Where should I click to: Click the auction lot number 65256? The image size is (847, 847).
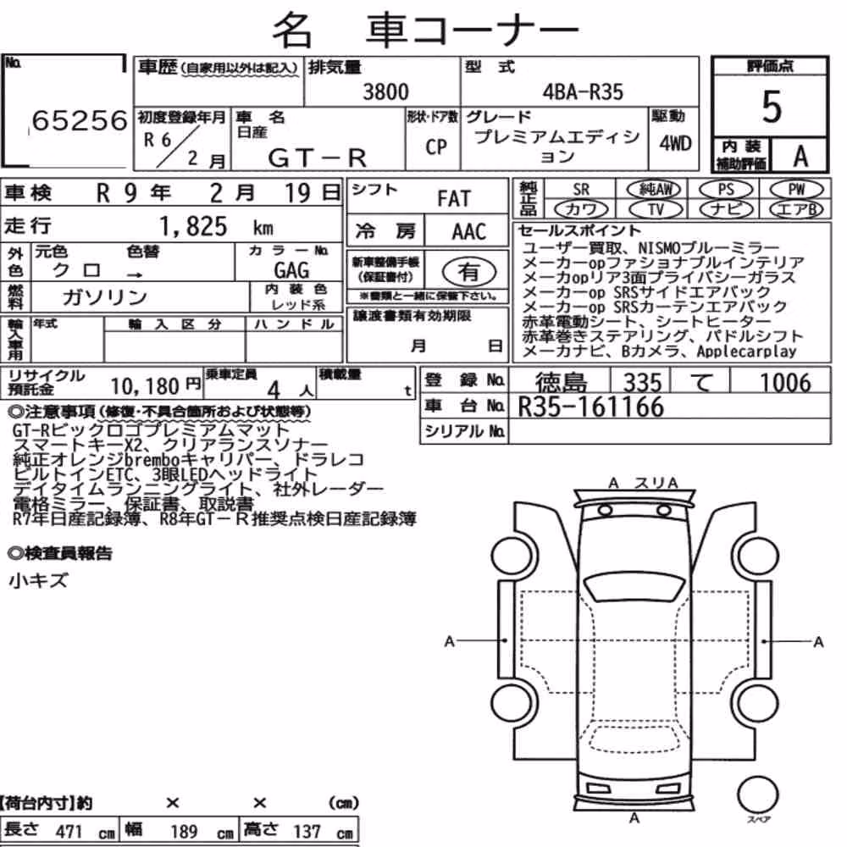point(80,120)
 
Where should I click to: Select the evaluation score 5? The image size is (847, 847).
point(772,107)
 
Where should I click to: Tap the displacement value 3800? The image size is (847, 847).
point(385,91)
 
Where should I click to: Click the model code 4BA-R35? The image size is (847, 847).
point(583,91)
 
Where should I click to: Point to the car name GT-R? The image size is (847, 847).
point(317,158)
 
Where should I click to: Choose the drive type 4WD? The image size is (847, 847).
point(675,143)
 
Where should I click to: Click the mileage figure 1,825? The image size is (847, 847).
point(193,226)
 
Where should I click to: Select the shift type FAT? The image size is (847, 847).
point(454,199)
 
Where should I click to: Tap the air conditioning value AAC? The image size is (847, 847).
point(469,232)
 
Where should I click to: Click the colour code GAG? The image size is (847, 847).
point(291,270)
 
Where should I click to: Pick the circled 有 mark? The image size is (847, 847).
point(469,271)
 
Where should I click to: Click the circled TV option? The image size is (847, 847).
point(656,209)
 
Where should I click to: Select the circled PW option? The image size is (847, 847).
point(796,189)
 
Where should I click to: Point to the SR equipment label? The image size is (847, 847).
point(581,190)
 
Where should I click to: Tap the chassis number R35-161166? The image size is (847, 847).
point(590,407)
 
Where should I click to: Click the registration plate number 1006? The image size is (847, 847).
point(786,383)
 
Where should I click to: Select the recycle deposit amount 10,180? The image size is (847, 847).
point(145,386)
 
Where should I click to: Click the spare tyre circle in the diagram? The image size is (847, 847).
point(757,794)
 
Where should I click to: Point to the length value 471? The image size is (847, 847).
point(69,832)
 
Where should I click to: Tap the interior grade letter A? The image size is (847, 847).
point(800,157)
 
